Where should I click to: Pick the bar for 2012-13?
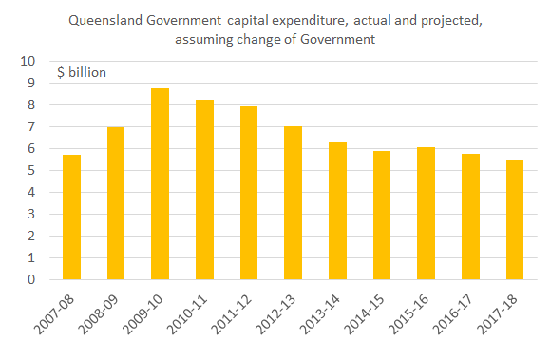pos(292,203)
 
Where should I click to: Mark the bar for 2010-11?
pos(203,190)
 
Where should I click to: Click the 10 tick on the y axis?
pos(28,62)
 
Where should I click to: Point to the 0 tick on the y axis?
pos(32,280)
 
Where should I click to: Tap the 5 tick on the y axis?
pos(32,171)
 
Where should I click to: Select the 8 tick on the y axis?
pos(32,105)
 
